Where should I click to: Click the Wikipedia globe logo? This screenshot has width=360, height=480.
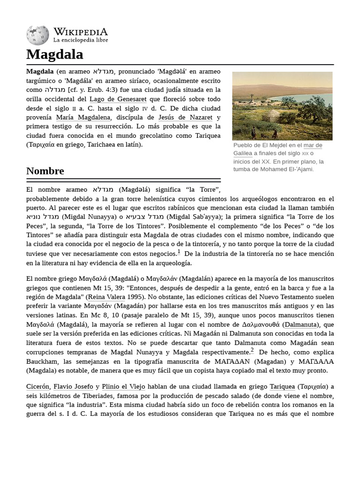[37, 35]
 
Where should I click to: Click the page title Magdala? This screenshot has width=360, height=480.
[54, 54]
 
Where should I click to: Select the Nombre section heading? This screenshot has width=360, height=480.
[45, 171]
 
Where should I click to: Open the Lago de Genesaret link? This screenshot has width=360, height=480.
[118, 99]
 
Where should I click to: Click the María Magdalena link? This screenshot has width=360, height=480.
[83, 117]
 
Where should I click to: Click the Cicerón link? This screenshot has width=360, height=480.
[38, 387]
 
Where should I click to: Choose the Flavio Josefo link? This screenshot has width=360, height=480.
[73, 387]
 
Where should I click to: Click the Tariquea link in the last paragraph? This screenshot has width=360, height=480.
[282, 387]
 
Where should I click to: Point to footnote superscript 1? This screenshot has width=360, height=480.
[179, 252]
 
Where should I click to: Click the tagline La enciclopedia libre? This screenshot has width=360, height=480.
[80, 40]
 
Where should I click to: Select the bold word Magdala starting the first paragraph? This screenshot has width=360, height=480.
[40, 72]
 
